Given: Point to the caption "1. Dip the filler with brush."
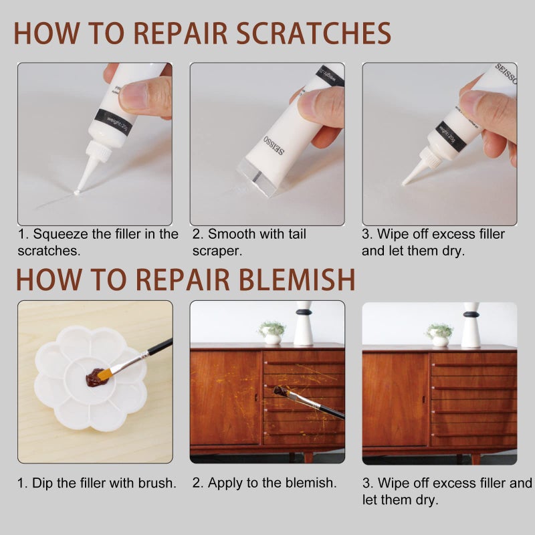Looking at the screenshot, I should [96, 483].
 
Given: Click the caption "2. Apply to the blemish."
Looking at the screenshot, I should [265, 483].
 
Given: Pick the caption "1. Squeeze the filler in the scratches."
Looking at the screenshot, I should [98, 242].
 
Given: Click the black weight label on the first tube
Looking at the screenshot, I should [114, 122].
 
